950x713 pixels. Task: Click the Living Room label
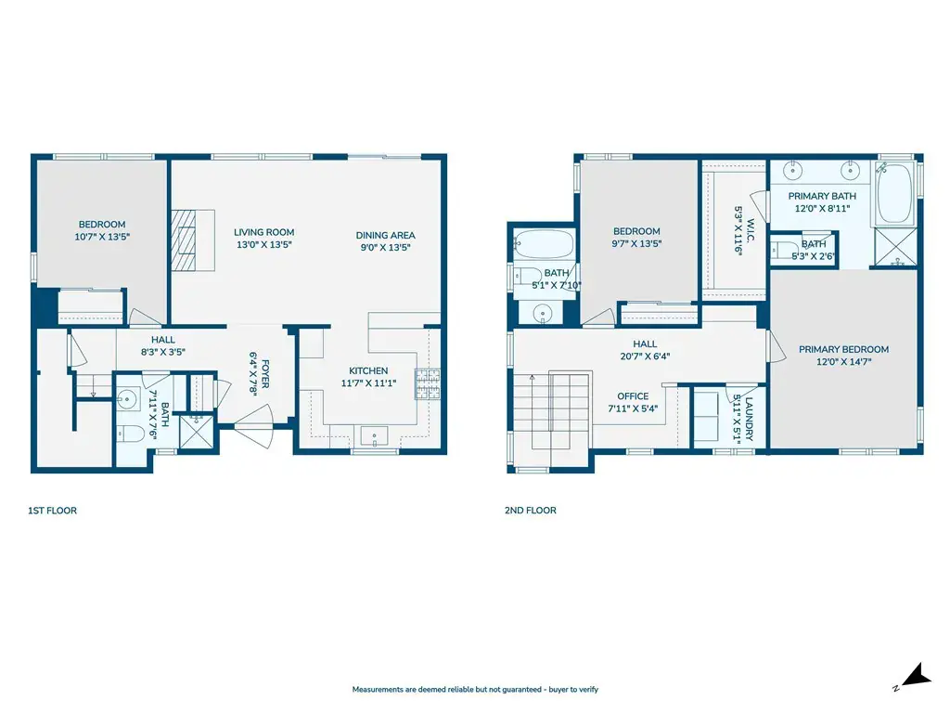264,232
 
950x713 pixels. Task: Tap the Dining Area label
385,235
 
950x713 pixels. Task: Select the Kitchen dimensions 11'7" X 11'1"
368,383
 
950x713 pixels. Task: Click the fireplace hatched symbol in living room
185,240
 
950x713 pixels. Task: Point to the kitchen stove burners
427,383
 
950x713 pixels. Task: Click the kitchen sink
375,436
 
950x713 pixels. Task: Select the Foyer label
265,374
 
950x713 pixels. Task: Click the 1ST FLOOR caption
52,511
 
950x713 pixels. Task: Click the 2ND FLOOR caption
530,511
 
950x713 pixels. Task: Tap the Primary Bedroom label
843,349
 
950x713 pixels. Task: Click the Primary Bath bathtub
895,194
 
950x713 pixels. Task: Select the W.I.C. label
751,230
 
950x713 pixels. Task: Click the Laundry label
749,420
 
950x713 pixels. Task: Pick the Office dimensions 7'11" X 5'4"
633,408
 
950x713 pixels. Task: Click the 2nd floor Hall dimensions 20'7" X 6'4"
645,356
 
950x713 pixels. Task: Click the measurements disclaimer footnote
475,690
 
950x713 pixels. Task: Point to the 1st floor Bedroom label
102,225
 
